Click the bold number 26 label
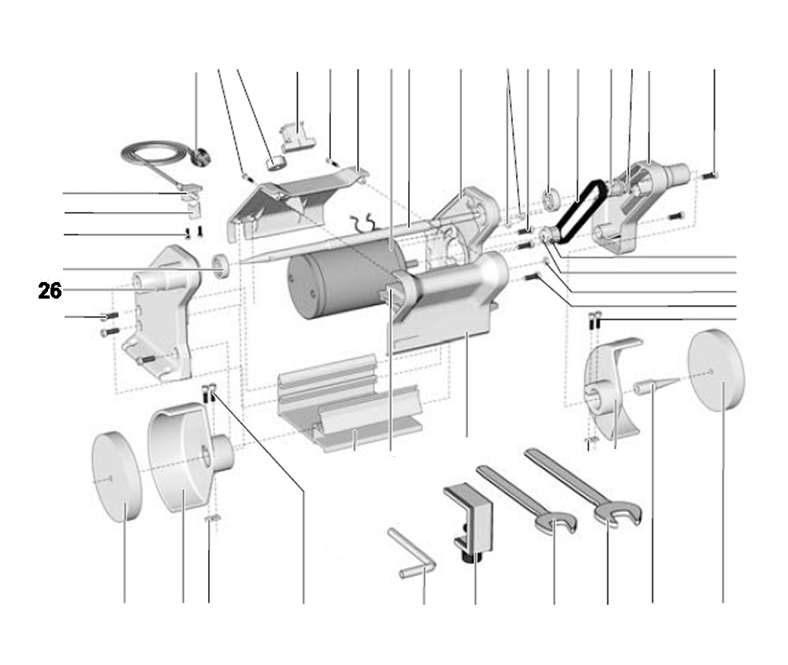pos(50,291)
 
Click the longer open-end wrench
pos(583,485)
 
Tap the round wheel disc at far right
pos(716,370)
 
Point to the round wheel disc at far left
pos(116,477)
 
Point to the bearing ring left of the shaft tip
pos(222,266)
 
